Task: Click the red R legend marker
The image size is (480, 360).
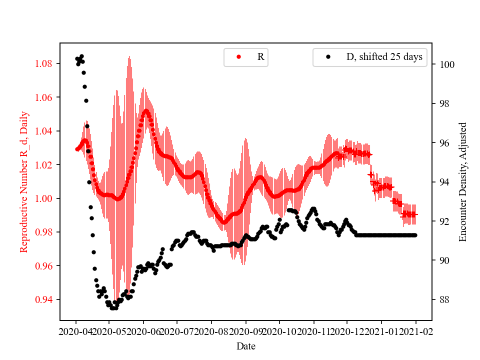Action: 238,57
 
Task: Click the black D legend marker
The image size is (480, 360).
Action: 328,57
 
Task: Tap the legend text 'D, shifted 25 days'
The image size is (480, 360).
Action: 384,57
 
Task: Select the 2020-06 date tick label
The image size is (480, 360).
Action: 143,331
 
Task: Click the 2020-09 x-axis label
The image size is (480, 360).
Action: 246,331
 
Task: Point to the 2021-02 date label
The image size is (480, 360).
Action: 416,331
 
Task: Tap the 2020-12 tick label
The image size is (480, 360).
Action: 347,331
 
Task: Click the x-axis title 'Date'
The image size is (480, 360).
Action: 246,345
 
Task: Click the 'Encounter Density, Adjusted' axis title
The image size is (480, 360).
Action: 462,182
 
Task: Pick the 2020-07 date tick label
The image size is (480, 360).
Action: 177,331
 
